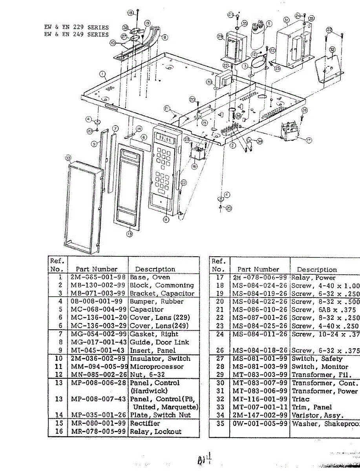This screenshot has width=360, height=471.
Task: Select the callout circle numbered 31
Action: pos(286,20)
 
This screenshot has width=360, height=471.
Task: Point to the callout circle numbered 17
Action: pos(309,140)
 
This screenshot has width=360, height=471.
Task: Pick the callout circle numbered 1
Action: pos(102,74)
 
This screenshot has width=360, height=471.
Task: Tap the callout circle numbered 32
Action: pos(333,49)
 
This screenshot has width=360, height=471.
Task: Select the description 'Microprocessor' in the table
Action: pos(157,367)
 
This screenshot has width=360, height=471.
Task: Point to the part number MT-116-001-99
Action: pos(259,399)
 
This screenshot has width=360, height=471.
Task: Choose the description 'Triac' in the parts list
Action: pos(300,399)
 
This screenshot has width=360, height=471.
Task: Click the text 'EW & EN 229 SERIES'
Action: pos(76,27)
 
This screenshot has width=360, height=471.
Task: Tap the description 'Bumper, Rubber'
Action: pos(157,302)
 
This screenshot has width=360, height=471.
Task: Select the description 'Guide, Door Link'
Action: pos(159,342)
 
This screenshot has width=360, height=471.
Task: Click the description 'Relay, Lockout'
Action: pos(155,432)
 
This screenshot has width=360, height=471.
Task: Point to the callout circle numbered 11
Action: pos(166,220)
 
